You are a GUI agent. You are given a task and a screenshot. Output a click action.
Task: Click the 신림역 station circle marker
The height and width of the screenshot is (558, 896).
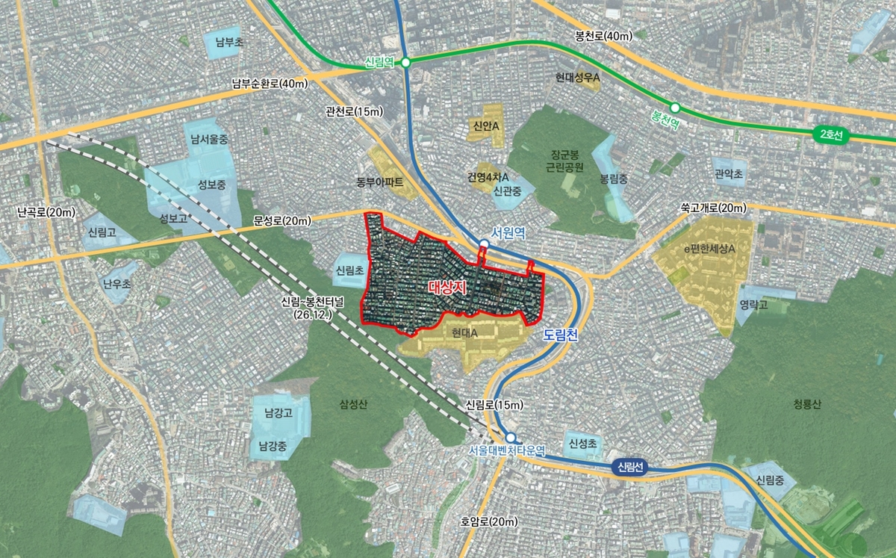tap(405, 63)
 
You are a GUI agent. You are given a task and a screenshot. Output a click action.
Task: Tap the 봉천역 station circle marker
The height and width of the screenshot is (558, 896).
tap(675, 108)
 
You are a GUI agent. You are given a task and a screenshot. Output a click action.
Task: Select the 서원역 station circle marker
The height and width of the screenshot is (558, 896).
tap(484, 244)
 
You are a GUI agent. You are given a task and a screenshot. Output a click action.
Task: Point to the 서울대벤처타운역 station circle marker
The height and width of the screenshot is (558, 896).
tap(510, 438)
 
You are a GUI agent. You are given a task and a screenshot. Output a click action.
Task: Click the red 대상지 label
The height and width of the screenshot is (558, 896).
tap(448, 287)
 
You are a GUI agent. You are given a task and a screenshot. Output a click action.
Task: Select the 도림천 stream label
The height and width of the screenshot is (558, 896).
tap(561, 336)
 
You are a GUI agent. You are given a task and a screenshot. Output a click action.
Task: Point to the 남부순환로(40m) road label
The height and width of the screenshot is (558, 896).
tap(270, 84)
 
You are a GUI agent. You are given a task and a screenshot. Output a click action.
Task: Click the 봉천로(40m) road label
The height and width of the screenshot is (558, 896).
tap(603, 35)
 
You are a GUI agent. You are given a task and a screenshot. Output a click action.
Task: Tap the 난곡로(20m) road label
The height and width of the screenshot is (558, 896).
tap(46, 212)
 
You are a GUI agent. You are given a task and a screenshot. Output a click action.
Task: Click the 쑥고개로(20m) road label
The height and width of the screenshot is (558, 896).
tap(713, 207)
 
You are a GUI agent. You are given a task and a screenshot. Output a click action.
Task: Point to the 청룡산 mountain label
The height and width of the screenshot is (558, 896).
tap(807, 404)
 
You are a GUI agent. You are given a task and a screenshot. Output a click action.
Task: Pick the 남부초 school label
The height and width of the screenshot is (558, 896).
tap(229, 43)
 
